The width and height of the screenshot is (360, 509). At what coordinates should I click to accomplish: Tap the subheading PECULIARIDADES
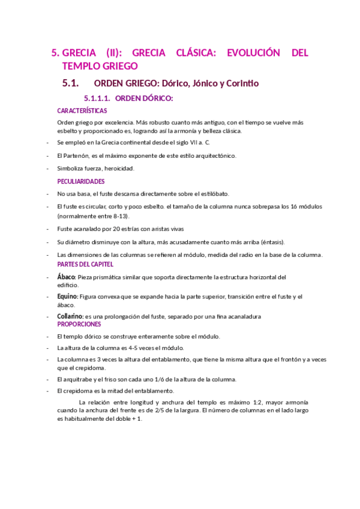click(x=81, y=181)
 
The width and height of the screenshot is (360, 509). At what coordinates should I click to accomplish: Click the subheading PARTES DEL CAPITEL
click(x=85, y=264)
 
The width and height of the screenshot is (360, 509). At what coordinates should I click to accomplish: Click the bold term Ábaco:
click(x=67, y=277)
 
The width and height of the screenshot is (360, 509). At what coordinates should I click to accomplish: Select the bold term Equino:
click(x=68, y=297)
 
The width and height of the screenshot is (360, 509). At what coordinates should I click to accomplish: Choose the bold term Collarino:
click(x=70, y=316)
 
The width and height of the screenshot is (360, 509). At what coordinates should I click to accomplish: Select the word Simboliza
click(x=71, y=168)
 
